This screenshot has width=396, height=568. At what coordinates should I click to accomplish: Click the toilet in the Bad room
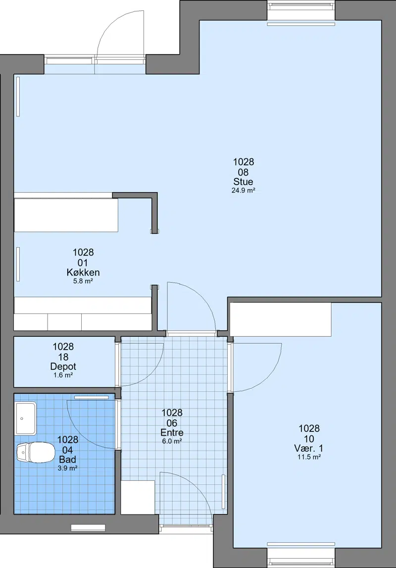click(x=36, y=453)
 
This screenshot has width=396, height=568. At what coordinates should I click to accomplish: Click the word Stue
click(x=243, y=181)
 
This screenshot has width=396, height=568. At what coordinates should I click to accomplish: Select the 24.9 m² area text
click(x=243, y=190)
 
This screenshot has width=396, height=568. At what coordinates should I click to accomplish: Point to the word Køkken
click(x=83, y=272)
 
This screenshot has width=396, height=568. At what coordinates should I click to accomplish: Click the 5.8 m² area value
click(x=83, y=281)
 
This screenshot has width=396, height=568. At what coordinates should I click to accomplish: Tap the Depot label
click(x=63, y=366)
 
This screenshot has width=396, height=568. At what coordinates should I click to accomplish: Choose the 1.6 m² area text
click(x=63, y=375)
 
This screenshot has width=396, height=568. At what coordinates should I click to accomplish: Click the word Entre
click(x=172, y=432)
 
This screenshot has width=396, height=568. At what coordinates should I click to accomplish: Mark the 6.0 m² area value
click(x=172, y=441)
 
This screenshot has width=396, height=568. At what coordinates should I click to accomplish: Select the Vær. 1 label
click(x=309, y=449)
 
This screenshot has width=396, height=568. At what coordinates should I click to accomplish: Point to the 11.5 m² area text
click(x=309, y=457)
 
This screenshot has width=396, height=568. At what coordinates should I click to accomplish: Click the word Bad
click(x=68, y=460)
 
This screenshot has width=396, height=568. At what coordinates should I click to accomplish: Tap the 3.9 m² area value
click(x=68, y=468)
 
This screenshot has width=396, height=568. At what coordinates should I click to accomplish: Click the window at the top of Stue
click(x=301, y=11)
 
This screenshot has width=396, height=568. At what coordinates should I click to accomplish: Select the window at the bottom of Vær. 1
click(x=301, y=554)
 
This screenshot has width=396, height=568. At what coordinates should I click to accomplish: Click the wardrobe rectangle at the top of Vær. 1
click(x=281, y=319)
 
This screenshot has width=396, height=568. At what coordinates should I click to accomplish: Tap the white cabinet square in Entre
click(x=138, y=498)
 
